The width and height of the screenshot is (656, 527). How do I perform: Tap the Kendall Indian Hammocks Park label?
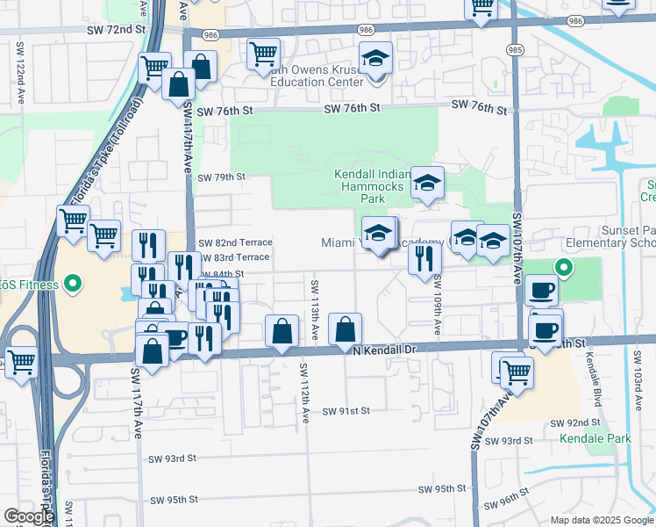[370, 186]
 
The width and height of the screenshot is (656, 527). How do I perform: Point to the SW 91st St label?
[346, 411]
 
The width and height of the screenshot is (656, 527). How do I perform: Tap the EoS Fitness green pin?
[73, 284]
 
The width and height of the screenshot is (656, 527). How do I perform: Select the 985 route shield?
[516, 50]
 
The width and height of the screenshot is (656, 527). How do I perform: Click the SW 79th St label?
[219, 177]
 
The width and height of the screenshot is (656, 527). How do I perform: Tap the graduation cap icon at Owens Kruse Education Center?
[376, 60]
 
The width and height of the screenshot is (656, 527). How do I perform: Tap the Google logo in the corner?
[29, 516]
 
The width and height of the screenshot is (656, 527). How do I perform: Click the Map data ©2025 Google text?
[601, 520]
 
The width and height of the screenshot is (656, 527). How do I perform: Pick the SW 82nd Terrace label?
[235, 242]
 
